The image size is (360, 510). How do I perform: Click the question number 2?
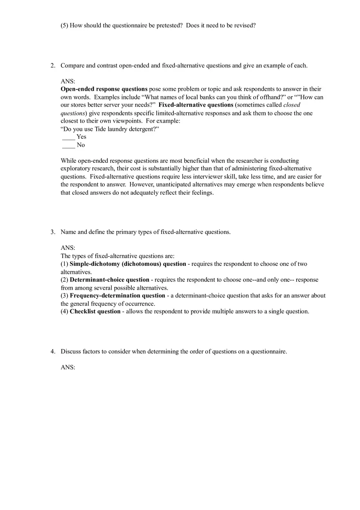pyautogui.click(x=52, y=65)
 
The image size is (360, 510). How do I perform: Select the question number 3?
pyautogui.click(x=52, y=232)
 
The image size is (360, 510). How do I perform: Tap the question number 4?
pyautogui.click(x=52, y=351)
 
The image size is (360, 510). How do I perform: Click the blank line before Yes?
pyautogui.click(x=68, y=137)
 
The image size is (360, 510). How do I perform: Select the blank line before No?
pyautogui.click(x=68, y=145)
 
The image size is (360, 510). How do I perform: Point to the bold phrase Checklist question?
pyautogui.click(x=95, y=312)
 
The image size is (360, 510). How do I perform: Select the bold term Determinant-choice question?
pyautogui.click(x=109, y=280)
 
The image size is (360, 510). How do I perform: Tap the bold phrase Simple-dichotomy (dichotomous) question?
pyautogui.click(x=128, y=264)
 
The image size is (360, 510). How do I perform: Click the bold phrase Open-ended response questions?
pyautogui.click(x=104, y=89)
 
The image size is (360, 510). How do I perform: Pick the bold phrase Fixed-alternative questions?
pyautogui.click(x=196, y=105)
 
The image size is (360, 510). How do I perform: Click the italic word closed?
pyautogui.click(x=292, y=105)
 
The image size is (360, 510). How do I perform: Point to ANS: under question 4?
pyautogui.click(x=68, y=367)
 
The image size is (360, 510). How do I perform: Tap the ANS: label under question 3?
pyautogui.click(x=68, y=248)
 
